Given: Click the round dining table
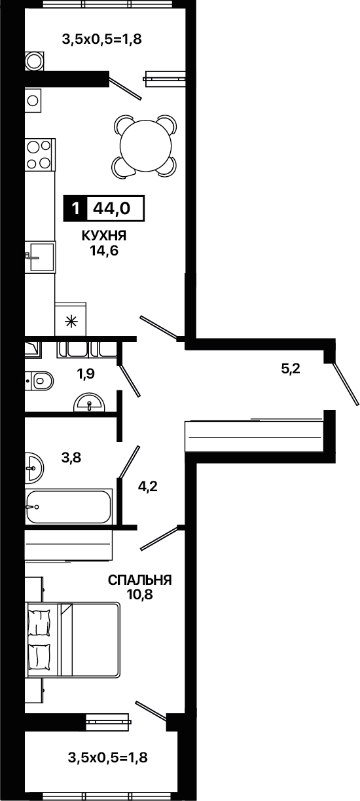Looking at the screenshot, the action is pos(146,145).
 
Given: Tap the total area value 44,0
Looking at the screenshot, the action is pos(111,208).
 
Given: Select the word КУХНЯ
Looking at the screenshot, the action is pos(104,236).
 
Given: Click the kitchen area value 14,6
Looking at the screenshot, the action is pos(104,251).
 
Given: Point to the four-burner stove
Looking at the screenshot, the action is pos(40,155).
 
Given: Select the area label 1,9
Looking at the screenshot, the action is pos(86,374).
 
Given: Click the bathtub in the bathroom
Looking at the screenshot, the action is pos(69,507).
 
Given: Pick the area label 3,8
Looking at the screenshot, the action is pos(71,457).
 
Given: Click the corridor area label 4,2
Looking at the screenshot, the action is pos(148,487).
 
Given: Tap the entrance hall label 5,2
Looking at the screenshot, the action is pos(291,368).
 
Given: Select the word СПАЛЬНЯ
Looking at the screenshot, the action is pos(140,580).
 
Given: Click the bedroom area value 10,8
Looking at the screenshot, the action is pos(140,595).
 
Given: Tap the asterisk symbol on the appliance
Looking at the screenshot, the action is pos(71,322).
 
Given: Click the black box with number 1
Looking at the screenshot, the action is pos(75,208).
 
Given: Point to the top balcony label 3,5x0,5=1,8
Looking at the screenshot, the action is pos(102,39).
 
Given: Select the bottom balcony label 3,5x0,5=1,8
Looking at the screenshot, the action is pos(107,757).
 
